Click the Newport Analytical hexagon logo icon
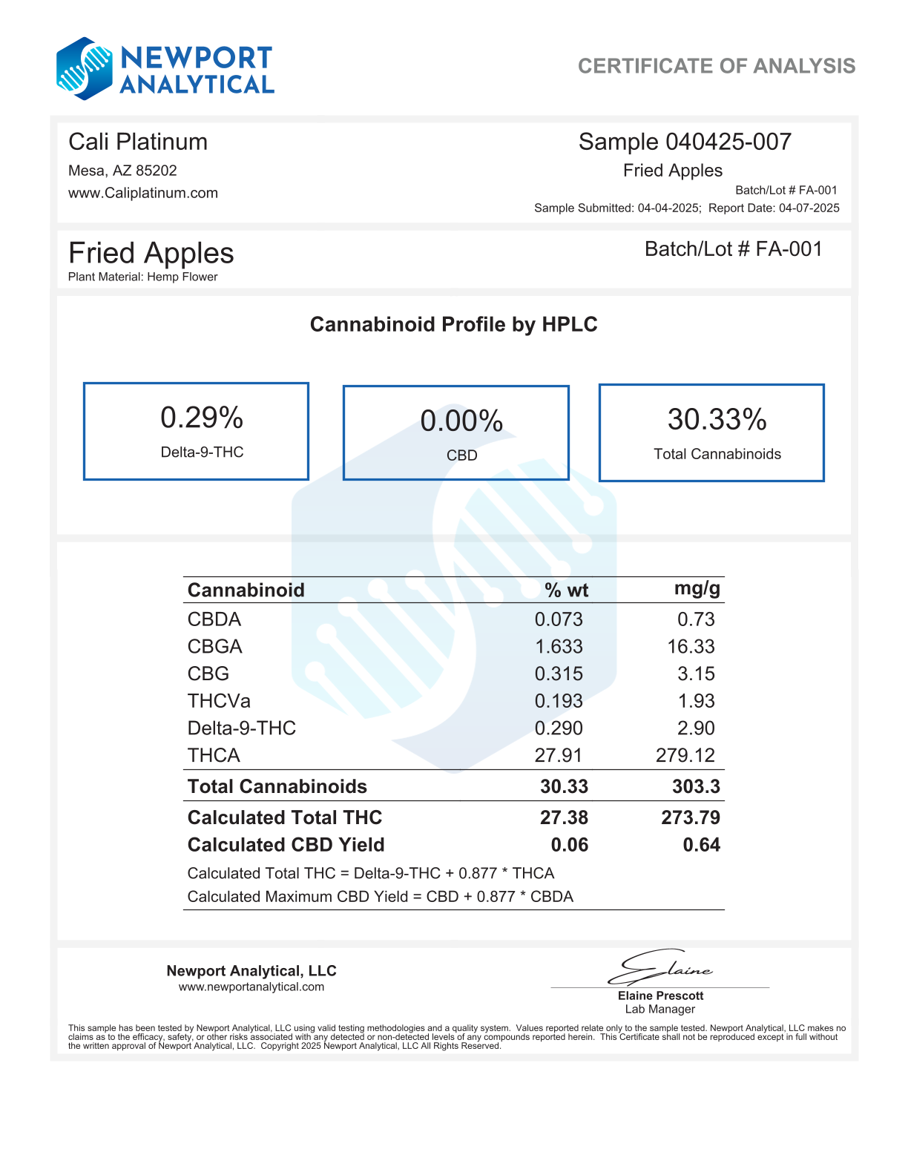point(85,69)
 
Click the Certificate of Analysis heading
point(716,66)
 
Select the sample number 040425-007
point(728,142)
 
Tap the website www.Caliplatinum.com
point(143,193)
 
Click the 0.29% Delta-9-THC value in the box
point(202,418)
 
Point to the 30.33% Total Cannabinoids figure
point(717,420)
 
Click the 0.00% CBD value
point(461,421)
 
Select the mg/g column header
point(697,589)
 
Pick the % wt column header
point(566,590)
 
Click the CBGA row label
point(215,647)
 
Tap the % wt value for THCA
point(559,755)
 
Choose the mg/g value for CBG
point(696,674)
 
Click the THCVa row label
point(219,701)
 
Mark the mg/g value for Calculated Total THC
point(690,817)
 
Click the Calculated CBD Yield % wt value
point(569,845)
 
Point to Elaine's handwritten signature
point(660,967)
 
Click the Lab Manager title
point(660,1009)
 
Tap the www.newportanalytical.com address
point(251,987)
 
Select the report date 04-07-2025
point(809,208)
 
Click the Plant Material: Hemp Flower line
point(143,277)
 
